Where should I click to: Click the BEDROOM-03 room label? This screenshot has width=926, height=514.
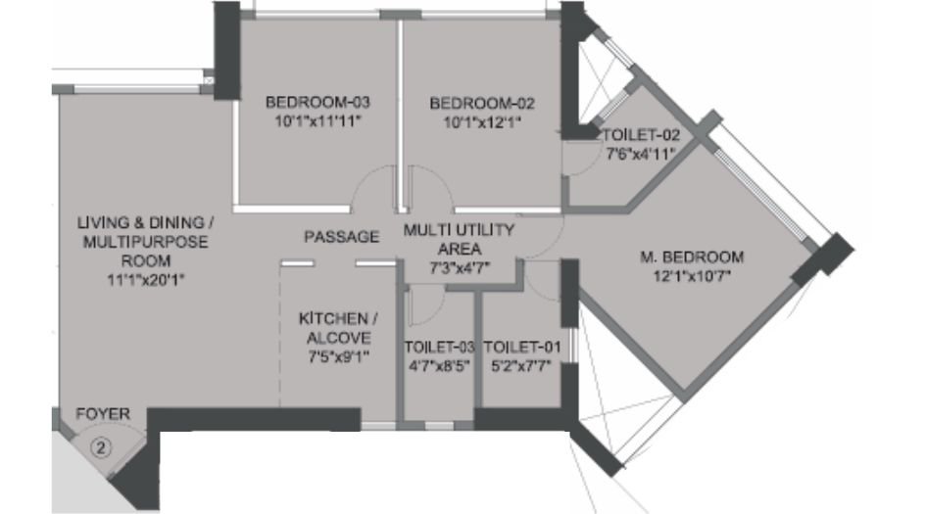point(317,102)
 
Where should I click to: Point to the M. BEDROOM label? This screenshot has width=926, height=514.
point(691,257)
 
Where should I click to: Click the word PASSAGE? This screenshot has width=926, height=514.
point(341,237)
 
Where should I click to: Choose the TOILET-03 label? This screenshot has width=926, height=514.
point(438,348)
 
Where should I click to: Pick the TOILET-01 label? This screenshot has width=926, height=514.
point(522,348)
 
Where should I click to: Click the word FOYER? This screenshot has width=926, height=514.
point(103,415)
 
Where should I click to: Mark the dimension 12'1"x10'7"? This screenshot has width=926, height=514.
point(691,276)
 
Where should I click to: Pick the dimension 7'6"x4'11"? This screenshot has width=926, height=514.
point(640,153)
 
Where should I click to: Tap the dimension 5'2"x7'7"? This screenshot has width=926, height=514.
point(522,366)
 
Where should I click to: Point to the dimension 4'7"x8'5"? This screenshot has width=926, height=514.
point(438,366)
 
